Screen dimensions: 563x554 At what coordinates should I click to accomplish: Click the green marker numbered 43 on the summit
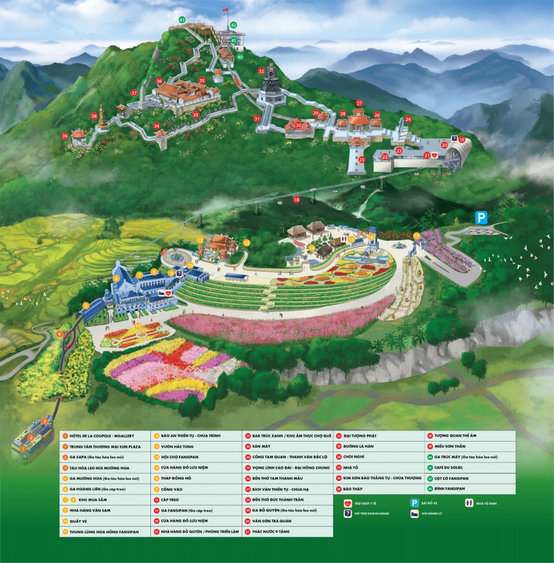[x=182, y=20]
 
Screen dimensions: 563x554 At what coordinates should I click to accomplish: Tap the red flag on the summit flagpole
[x=225, y=10]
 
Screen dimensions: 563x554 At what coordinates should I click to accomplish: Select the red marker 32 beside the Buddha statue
[x=261, y=71]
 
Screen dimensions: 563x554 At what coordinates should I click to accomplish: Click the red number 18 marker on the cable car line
[x=297, y=200]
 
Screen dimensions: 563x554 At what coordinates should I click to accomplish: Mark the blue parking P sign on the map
[x=481, y=218]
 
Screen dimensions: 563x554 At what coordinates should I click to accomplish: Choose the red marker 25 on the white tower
[x=361, y=159]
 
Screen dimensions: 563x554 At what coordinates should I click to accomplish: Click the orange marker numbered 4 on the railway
[x=59, y=334]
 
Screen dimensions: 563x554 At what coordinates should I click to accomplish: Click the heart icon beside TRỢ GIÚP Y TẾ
[x=348, y=503]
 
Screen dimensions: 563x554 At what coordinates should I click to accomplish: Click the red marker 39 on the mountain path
[x=65, y=136]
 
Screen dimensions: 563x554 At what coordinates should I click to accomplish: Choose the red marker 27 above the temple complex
[x=359, y=103]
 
